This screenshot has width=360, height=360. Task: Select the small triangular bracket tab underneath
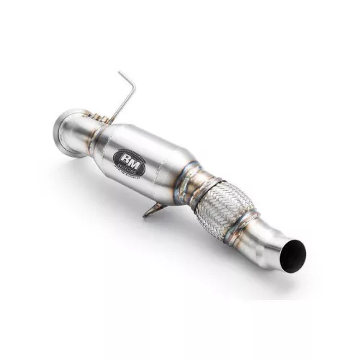153,210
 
